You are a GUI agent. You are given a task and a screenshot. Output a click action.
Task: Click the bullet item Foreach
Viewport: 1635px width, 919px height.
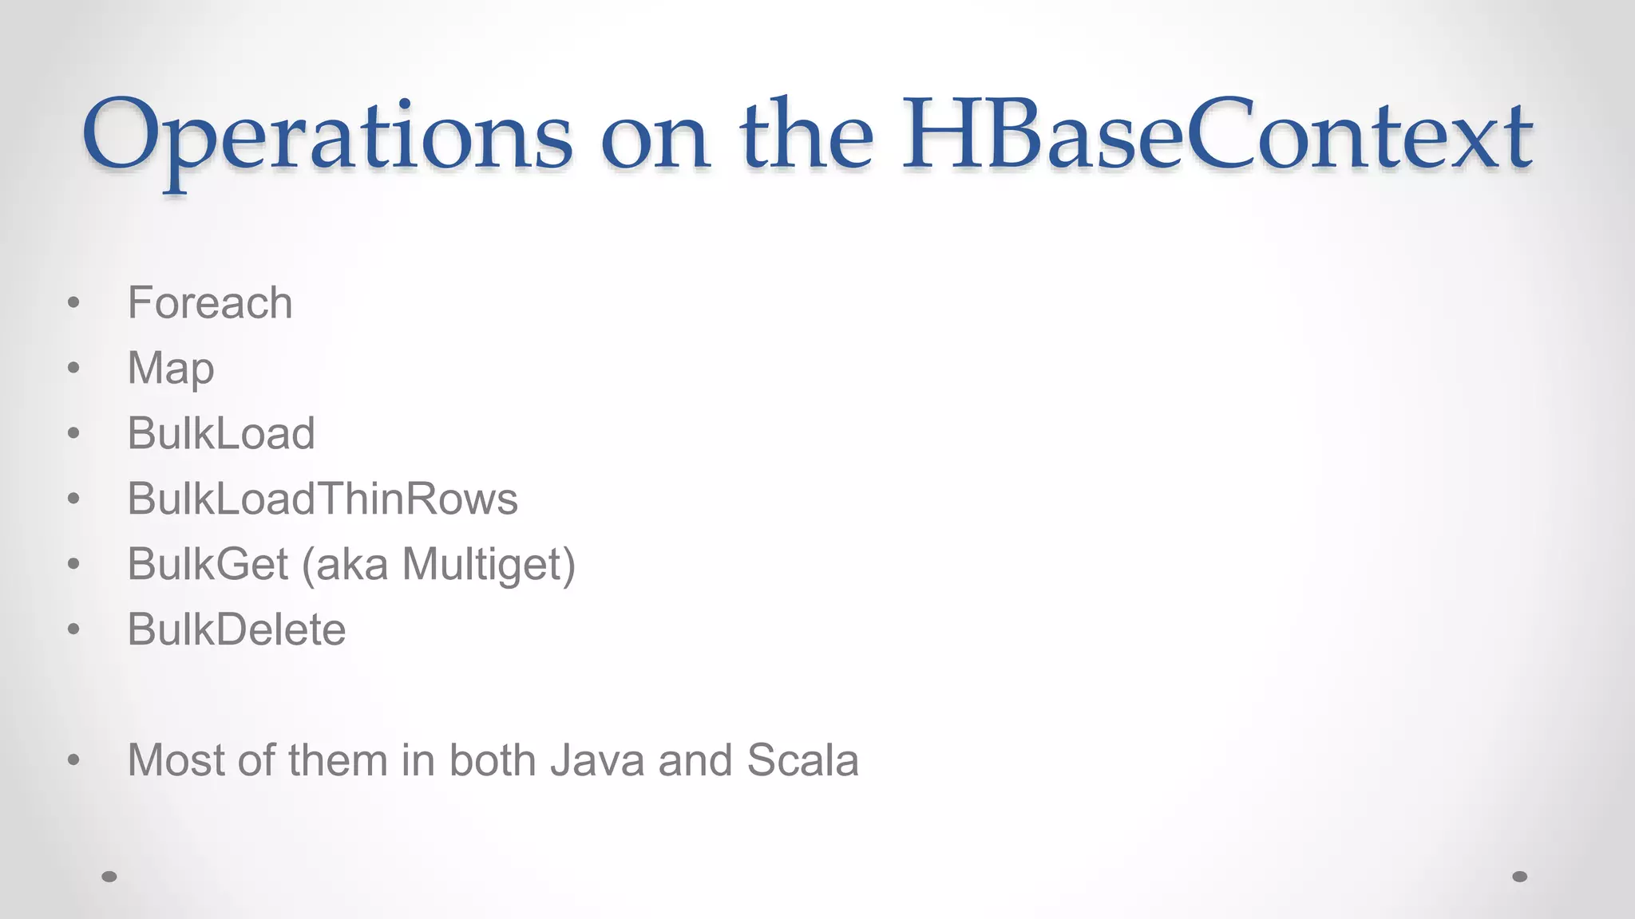coord(210,303)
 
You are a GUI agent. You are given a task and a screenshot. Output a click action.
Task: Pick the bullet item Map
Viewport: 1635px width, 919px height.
coord(171,369)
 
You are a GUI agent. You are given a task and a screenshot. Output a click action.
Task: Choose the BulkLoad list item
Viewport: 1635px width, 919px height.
coord(221,434)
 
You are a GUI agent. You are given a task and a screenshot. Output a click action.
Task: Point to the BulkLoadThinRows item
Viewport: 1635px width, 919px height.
coord(323,499)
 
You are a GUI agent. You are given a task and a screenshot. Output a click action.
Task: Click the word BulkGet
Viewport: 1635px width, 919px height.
coord(208,564)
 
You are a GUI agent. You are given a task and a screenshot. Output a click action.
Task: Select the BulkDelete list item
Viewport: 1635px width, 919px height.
coord(236,629)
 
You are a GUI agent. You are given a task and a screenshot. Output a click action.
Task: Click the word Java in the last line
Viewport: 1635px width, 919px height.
coord(596,760)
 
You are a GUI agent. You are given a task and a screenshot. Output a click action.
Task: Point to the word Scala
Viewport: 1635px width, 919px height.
coord(802,760)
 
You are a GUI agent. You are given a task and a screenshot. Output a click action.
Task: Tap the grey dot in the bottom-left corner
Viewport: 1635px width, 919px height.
coord(109,877)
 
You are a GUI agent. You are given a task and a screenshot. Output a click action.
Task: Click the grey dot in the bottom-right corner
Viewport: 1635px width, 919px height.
coord(1520,877)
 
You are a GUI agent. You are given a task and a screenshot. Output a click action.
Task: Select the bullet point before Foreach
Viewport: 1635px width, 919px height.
coord(74,303)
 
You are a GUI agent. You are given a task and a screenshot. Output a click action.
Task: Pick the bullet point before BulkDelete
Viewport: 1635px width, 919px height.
coord(74,630)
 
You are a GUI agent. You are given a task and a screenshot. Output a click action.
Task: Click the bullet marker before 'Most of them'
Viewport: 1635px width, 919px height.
coord(74,760)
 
